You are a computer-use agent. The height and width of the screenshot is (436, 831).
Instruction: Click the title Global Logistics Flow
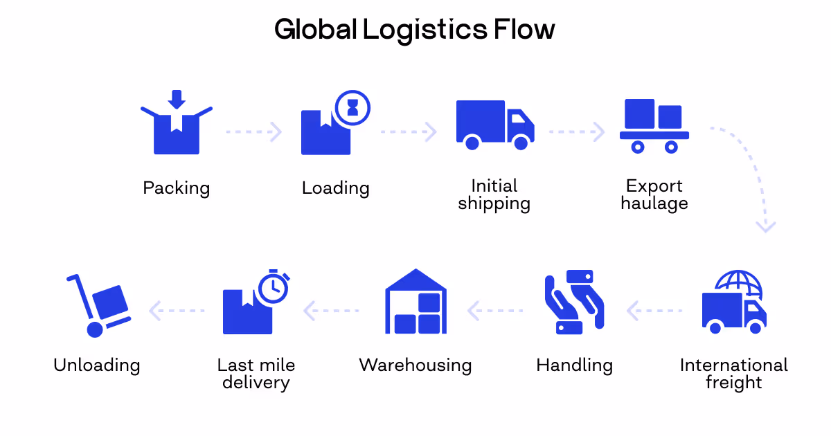pos(414,30)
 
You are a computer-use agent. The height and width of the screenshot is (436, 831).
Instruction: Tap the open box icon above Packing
pos(177,129)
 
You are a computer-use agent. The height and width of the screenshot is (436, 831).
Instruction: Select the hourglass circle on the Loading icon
pos(353,107)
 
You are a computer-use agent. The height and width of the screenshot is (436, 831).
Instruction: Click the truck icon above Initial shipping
pos(494,125)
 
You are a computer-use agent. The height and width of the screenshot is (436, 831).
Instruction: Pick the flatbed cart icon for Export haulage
pos(654,126)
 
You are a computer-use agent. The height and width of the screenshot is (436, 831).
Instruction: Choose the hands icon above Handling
pos(574,302)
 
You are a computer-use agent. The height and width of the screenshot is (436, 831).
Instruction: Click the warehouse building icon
pos(415,302)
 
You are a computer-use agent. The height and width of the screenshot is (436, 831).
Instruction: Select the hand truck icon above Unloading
pos(98,305)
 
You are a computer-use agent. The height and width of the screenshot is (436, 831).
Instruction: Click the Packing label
pos(177,188)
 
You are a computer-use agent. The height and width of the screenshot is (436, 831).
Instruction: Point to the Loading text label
pos(336,188)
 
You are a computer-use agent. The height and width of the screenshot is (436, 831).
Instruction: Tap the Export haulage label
pos(654,194)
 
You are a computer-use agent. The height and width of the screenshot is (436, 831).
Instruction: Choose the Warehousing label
pos(415,365)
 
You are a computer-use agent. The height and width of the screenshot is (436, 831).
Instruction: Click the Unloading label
pos(97,365)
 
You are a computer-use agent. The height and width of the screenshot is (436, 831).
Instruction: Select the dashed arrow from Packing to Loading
pos(254,131)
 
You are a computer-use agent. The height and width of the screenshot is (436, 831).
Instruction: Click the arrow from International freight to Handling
pos(654,311)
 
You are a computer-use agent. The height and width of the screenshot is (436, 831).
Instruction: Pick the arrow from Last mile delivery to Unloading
pos(177,311)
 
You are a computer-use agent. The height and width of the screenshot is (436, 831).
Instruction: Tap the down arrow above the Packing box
pos(177,99)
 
